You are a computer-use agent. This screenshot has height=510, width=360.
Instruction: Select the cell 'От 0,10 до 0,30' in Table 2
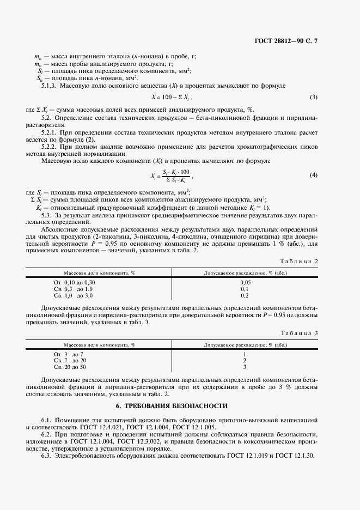pos(74,282)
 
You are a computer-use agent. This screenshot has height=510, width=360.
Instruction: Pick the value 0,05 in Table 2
pos(245,282)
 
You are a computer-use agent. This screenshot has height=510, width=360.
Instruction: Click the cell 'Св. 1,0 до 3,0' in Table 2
pos(74,295)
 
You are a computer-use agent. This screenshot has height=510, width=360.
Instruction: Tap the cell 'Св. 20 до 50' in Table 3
pos(70,367)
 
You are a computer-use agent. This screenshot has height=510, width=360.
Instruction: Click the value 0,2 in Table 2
pos(245,295)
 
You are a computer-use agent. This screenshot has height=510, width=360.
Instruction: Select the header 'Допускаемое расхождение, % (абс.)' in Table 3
pos(245,344)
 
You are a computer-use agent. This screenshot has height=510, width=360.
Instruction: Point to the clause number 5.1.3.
pos(51,86)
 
